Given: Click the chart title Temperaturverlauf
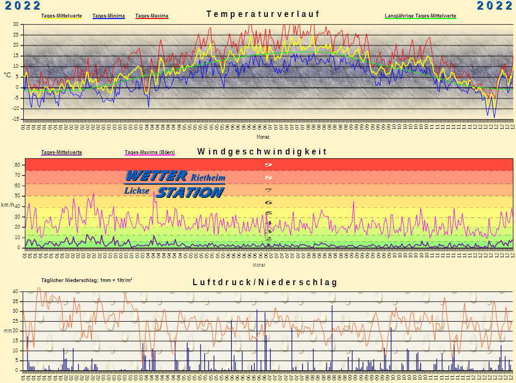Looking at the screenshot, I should (x=263, y=14).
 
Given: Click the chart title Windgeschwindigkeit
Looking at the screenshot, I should (x=262, y=152).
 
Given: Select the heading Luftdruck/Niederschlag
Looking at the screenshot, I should (x=265, y=282).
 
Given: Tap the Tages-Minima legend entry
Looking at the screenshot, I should (x=108, y=16).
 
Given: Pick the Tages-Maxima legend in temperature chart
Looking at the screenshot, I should (x=152, y=16).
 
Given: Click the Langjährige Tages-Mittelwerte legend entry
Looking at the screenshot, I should (x=420, y=16).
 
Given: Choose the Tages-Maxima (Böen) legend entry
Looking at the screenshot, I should (x=150, y=152).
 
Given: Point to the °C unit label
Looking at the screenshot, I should (x=7, y=75).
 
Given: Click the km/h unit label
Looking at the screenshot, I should (x=7, y=205).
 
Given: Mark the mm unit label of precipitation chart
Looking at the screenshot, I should (x=7, y=331).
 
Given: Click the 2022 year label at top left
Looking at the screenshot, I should (x=23, y=6).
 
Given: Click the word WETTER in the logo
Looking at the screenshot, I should (x=156, y=176).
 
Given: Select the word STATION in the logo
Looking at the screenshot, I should (x=190, y=192).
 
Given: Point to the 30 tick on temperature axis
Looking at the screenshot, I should (x=15, y=24).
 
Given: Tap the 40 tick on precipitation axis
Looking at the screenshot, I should (x=15, y=291).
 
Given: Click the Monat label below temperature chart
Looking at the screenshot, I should (x=263, y=136).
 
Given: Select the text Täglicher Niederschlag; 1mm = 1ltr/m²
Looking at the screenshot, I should (x=86, y=280).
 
